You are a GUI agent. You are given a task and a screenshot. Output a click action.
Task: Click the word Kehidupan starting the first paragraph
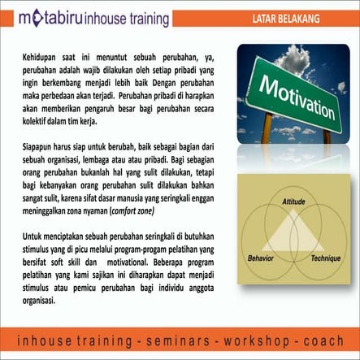point(42,59)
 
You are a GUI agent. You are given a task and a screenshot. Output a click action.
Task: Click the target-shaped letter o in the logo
point(34,17)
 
